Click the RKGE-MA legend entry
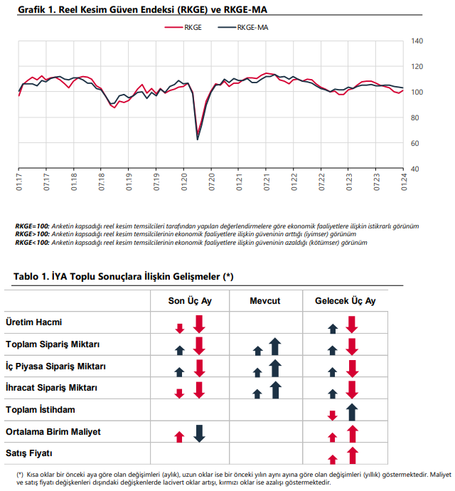pyautogui.click(x=243, y=28)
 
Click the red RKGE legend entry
pyautogui.click(x=183, y=28)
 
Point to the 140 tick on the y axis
pyautogui.click(x=417, y=41)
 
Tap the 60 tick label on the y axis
pyautogui.click(x=414, y=144)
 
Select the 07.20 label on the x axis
pyautogui.click(x=212, y=181)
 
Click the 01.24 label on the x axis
pyautogui.click(x=404, y=181)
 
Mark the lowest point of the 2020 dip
pyautogui.click(x=198, y=139)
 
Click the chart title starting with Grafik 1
pyautogui.click(x=143, y=10)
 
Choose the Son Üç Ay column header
pyautogui.click(x=190, y=301)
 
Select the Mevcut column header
pyautogui.click(x=264, y=301)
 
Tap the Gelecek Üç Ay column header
pyautogui.click(x=346, y=301)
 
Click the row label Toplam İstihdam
pyautogui.click(x=41, y=410)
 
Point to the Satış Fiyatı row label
pyautogui.click(x=28, y=453)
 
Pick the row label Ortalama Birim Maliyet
pyautogui.click(x=53, y=431)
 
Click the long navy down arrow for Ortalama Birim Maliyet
pyautogui.click(x=199, y=433)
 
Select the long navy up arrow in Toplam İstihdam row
pyautogui.click(x=352, y=412)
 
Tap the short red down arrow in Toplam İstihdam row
pyautogui.click(x=332, y=416)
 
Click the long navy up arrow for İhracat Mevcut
pyautogui.click(x=275, y=390)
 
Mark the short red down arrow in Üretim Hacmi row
pyautogui.click(x=180, y=329)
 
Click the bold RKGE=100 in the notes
pyautogui.click(x=32, y=226)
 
